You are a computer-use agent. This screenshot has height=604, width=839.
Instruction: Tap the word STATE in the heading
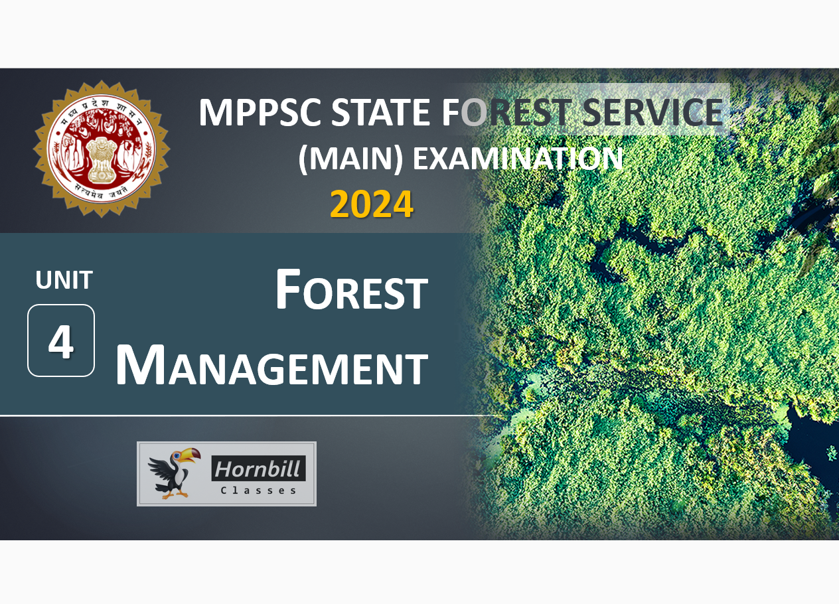coord(380,112)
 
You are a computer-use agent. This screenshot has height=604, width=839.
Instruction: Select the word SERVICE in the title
coord(653,112)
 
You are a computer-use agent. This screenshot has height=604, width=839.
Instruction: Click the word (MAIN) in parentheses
coord(350,159)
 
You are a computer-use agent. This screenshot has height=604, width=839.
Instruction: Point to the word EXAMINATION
coord(518,159)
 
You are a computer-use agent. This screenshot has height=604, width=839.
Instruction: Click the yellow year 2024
coord(372,204)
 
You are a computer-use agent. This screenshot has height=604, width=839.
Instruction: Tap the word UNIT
coord(64,280)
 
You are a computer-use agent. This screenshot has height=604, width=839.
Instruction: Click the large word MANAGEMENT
coord(272,365)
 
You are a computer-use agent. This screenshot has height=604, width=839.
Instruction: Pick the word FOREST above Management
coord(352,289)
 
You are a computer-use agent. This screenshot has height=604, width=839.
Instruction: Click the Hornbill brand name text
coord(258,469)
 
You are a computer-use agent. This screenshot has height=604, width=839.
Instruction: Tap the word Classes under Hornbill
coord(258,491)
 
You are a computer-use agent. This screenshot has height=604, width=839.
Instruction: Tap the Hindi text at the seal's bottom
coord(101,191)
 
